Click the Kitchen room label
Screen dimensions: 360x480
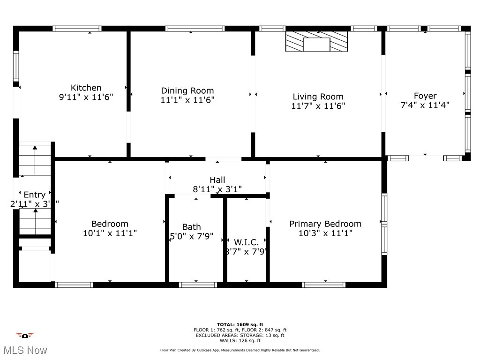coord(86,88)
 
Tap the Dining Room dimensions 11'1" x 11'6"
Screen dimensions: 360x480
coord(187,100)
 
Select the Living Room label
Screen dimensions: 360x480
coord(318,97)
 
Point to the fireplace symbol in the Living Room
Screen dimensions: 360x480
coord(317,42)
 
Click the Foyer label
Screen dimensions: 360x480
coord(425,96)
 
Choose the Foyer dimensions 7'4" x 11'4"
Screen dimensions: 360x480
coord(425,105)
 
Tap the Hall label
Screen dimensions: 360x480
coord(217,180)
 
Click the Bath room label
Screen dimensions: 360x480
coord(191,227)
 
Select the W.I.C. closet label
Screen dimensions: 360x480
coord(246,242)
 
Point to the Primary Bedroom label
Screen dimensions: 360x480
coord(325,224)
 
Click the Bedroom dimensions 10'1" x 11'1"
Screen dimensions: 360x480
coord(110,233)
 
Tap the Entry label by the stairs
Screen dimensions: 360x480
coord(35,195)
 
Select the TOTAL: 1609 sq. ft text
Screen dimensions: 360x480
coord(240,324)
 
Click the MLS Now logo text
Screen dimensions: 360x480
coord(25,350)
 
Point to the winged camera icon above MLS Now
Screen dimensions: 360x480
coord(25,336)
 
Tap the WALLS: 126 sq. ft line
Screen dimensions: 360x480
coord(240,341)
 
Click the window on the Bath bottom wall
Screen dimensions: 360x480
coord(198,285)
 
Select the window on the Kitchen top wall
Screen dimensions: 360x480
coord(77,29)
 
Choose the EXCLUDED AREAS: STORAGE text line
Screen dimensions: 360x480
coord(240,335)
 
